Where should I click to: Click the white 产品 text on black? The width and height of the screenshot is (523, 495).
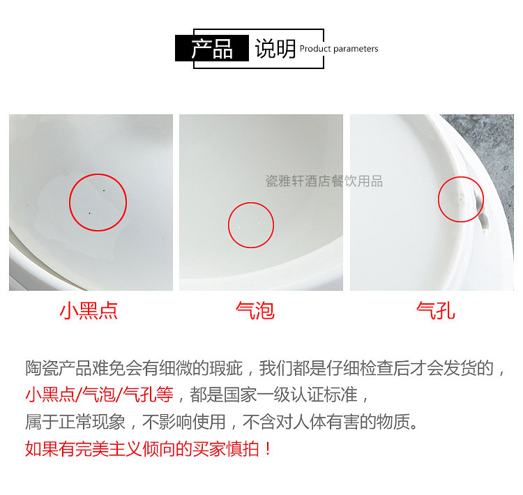(212, 49)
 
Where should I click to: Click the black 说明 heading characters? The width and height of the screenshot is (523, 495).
(275, 49)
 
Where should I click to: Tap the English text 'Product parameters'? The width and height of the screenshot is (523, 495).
(339, 49)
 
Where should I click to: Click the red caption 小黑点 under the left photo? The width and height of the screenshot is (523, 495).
(89, 311)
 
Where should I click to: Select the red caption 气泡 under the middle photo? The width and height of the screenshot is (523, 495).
(255, 311)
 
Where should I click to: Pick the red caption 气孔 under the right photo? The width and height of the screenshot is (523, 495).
(436, 311)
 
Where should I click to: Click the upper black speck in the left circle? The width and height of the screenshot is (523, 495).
(104, 190)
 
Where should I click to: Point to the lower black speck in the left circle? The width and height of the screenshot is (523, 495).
(89, 213)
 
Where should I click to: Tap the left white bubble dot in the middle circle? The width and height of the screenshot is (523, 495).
(239, 227)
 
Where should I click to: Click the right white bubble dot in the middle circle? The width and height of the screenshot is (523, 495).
(259, 224)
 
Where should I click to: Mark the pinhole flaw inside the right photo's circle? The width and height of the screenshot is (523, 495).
(462, 197)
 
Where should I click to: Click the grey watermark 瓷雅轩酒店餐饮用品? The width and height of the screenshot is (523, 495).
(324, 181)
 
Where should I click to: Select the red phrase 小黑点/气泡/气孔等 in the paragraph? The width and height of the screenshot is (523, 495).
(100, 395)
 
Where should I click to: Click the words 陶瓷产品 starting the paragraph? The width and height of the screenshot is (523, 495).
(59, 368)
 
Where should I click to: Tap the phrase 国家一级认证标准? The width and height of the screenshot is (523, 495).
(290, 395)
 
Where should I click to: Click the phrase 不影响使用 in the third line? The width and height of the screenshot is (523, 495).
(184, 422)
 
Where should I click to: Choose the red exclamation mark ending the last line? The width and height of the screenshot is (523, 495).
(268, 448)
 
